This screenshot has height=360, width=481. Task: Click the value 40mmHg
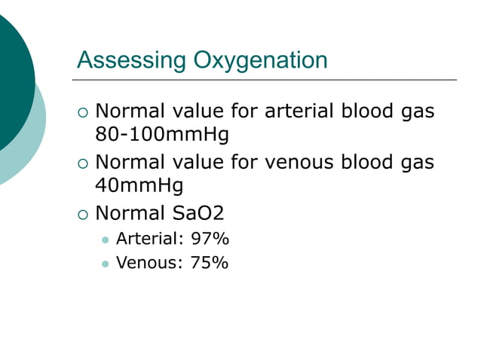[139, 185]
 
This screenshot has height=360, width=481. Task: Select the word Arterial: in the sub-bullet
[150, 239]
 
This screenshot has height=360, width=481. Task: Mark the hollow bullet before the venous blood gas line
[83, 163]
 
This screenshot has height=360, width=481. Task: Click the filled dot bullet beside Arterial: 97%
[105, 240]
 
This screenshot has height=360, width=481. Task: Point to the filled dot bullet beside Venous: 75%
[105, 264]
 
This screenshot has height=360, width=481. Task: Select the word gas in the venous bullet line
[415, 161]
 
